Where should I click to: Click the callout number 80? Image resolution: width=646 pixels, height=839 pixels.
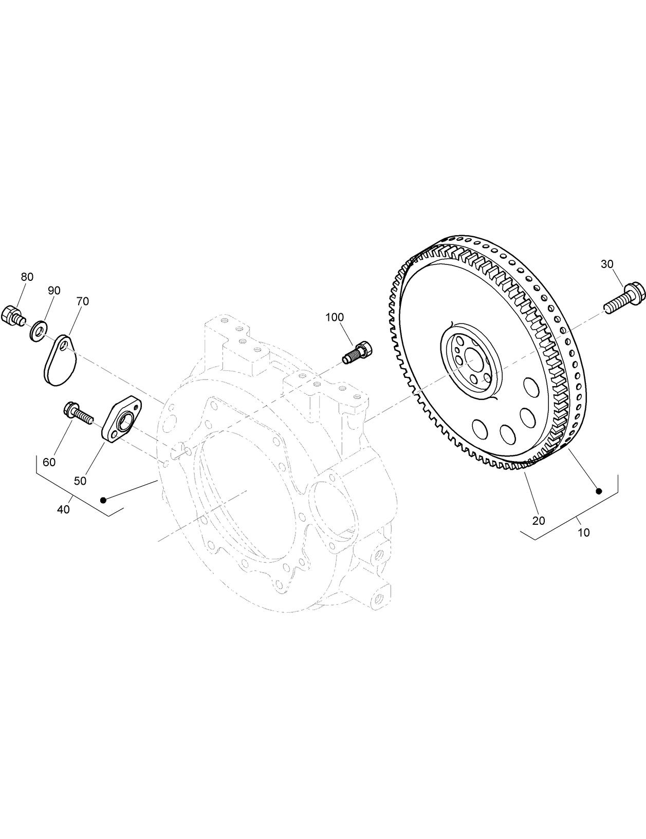[x=27, y=277]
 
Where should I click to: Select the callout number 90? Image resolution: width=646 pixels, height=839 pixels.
[x=54, y=291]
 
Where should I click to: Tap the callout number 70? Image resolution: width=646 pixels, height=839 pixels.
[x=82, y=301]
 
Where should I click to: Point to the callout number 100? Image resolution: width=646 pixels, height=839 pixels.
[x=335, y=317]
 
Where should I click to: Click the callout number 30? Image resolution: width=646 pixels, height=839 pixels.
[x=607, y=264]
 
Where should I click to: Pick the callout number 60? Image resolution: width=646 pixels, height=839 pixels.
[x=49, y=462]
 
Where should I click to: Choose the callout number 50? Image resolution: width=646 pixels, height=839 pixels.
[x=80, y=481]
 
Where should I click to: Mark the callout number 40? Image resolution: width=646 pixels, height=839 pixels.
[x=63, y=509]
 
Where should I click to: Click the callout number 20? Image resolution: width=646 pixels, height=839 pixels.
[x=539, y=521]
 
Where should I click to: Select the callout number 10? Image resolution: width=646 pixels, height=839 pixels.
[x=584, y=532]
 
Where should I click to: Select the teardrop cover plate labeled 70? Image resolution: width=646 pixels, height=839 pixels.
[x=59, y=359]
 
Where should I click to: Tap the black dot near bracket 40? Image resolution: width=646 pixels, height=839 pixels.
[x=103, y=500]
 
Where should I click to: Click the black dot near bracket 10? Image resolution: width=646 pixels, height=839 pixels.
[x=599, y=491]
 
